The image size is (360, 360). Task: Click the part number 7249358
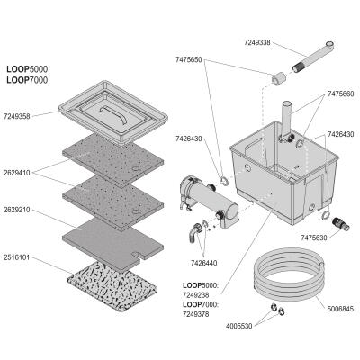tap(17, 116)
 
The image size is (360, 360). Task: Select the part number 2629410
tap(17, 173)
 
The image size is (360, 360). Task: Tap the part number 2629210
tap(17, 210)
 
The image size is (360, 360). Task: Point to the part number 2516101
tap(17, 257)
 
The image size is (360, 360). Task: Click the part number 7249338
tap(257, 42)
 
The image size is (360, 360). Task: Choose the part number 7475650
tap(189, 60)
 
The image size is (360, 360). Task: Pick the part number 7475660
tap(340, 94)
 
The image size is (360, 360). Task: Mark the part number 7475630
tap(314, 238)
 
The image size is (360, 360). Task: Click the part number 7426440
tap(204, 263)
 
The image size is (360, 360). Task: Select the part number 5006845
tap(340, 309)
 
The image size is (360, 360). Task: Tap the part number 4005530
tap(239, 326)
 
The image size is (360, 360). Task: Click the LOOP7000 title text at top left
tap(27, 80)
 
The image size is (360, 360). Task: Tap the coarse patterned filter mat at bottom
tap(112, 286)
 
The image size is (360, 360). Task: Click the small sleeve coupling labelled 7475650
tap(279, 78)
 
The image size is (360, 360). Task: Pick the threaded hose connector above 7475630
tap(341, 224)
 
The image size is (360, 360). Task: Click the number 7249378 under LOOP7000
tap(196, 314)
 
